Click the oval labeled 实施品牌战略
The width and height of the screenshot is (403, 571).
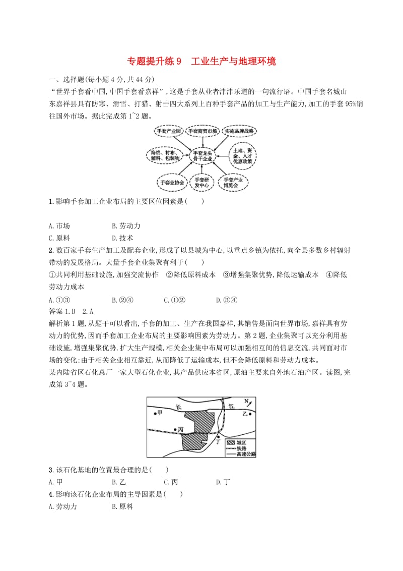click(x=240, y=131)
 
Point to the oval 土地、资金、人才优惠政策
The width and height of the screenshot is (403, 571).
click(x=243, y=154)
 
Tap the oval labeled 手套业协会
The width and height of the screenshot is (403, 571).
click(x=171, y=182)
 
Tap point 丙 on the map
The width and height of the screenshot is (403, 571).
click(x=174, y=429)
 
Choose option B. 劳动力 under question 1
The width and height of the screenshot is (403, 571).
click(x=126, y=226)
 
